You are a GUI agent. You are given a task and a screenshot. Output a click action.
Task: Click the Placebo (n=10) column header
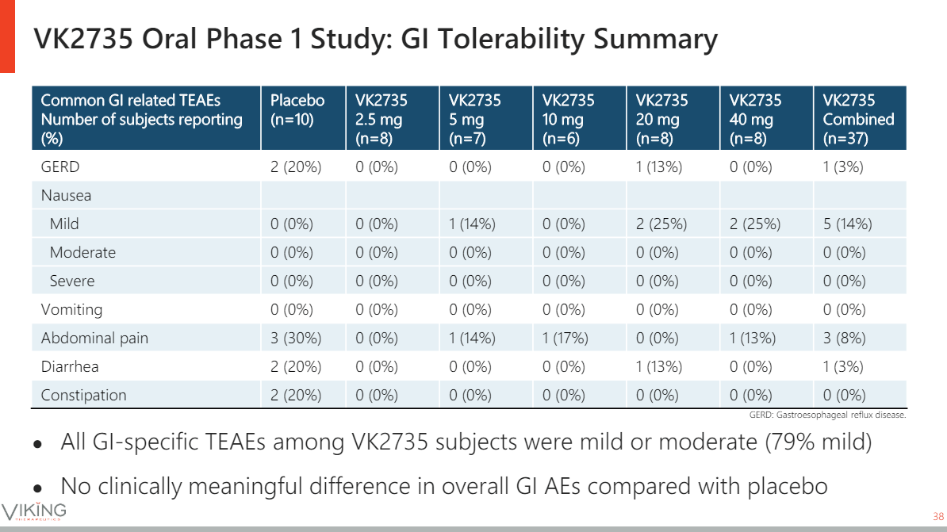tap(297, 109)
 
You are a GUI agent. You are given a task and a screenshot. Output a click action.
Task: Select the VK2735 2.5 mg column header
tap(381, 119)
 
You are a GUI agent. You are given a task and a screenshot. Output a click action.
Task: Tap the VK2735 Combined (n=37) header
tap(858, 119)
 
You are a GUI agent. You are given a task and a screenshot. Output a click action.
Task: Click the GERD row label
tap(60, 167)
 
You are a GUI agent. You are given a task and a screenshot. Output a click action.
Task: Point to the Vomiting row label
tap(71, 309)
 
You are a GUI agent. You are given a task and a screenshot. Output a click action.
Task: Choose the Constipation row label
tap(83, 395)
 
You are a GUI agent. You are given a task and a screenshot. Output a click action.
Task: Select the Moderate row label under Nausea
tap(82, 252)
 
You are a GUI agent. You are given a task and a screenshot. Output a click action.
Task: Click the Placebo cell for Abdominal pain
tap(296, 338)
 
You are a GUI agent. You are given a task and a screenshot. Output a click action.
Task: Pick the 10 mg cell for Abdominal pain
tap(565, 338)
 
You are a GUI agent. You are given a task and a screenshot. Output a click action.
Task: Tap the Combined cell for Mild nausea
tap(847, 224)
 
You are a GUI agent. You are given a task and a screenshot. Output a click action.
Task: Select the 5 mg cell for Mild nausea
tap(471, 224)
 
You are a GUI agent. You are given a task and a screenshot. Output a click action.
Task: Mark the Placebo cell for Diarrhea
tap(296, 366)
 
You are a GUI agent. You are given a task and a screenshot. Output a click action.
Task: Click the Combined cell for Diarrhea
tap(843, 366)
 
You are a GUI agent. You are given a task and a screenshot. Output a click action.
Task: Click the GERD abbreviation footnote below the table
tap(827, 415)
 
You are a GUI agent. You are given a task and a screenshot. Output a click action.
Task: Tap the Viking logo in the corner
tap(34, 511)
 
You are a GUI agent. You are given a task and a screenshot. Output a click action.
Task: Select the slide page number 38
tap(937, 514)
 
